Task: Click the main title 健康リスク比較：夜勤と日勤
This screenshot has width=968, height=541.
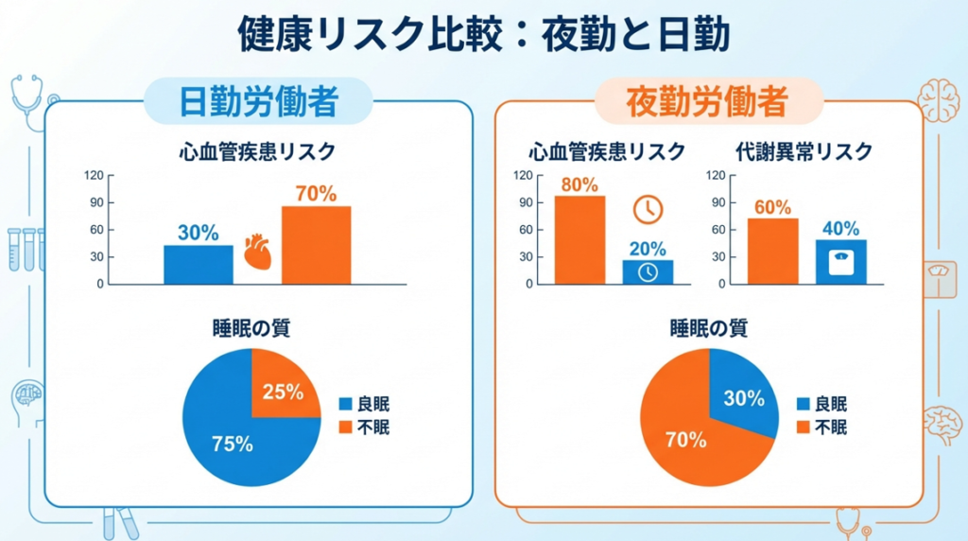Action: [x=483, y=35]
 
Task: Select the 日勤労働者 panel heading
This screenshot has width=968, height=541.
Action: [x=258, y=101]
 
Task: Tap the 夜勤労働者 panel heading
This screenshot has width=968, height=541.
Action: [x=707, y=101]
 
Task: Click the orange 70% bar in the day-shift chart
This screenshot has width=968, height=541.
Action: [x=316, y=245]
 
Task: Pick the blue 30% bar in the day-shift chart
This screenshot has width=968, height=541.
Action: [x=199, y=265]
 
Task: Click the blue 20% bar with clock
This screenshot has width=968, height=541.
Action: [x=648, y=271]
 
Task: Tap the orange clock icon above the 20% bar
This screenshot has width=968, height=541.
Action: [x=648, y=210]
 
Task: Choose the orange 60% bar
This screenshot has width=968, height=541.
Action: [x=772, y=252]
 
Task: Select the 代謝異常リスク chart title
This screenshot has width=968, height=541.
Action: [x=803, y=151]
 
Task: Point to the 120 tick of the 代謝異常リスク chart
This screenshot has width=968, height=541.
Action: [x=717, y=175]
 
